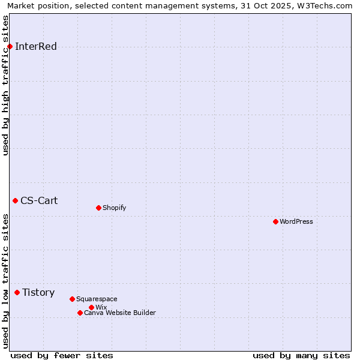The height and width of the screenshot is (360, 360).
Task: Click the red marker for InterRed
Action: click(x=10, y=47)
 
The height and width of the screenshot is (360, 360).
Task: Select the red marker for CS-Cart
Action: click(x=15, y=200)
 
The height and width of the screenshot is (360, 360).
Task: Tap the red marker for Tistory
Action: click(x=17, y=293)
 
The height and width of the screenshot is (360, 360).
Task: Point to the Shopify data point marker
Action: click(x=98, y=208)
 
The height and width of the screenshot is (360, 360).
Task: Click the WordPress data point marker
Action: click(x=275, y=221)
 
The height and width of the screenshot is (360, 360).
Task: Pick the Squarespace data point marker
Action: click(x=72, y=299)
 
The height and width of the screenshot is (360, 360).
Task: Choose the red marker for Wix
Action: click(x=91, y=307)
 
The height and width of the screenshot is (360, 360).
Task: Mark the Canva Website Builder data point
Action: click(x=80, y=313)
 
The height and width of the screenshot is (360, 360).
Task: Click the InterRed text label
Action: click(x=36, y=47)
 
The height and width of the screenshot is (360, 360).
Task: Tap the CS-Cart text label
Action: click(x=39, y=200)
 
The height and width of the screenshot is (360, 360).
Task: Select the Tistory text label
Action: click(x=38, y=293)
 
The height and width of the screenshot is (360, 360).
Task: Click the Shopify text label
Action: click(x=114, y=208)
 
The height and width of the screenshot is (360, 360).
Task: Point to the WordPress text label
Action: click(x=296, y=221)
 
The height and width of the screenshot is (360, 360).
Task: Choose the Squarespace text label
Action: click(x=97, y=299)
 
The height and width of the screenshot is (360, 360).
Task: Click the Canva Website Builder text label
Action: click(x=120, y=313)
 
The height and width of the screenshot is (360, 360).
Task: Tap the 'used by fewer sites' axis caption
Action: click(x=62, y=355)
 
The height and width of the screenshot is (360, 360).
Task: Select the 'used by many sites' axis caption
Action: click(x=301, y=355)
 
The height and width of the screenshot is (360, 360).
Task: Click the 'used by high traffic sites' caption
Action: click(x=5, y=85)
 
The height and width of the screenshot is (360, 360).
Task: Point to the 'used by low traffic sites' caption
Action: click(x=5, y=280)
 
